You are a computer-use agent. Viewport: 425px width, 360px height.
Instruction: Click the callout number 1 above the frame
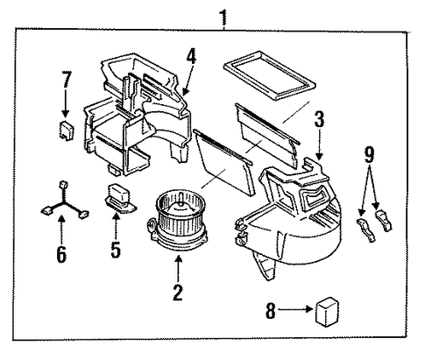click(x=223, y=18)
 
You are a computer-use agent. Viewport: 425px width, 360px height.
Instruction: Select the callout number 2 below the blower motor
click(x=178, y=292)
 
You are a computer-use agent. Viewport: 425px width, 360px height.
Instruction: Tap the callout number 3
click(x=319, y=119)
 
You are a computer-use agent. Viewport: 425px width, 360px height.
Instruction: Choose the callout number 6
click(x=61, y=254)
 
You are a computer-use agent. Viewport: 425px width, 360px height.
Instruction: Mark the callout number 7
click(x=66, y=79)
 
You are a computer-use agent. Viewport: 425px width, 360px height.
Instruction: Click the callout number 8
click(x=271, y=311)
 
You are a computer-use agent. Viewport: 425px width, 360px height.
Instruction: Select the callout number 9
click(x=369, y=155)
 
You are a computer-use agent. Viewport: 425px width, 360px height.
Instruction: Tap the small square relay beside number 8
click(x=327, y=312)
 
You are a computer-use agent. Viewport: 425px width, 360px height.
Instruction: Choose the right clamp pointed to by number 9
click(x=384, y=220)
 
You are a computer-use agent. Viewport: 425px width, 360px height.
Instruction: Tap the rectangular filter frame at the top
click(x=269, y=75)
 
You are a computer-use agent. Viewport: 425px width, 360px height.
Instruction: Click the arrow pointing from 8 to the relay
click(x=295, y=309)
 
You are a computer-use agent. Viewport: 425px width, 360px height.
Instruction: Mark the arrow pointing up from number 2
click(x=178, y=268)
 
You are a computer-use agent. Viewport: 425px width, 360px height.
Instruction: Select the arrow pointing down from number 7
click(x=66, y=104)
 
